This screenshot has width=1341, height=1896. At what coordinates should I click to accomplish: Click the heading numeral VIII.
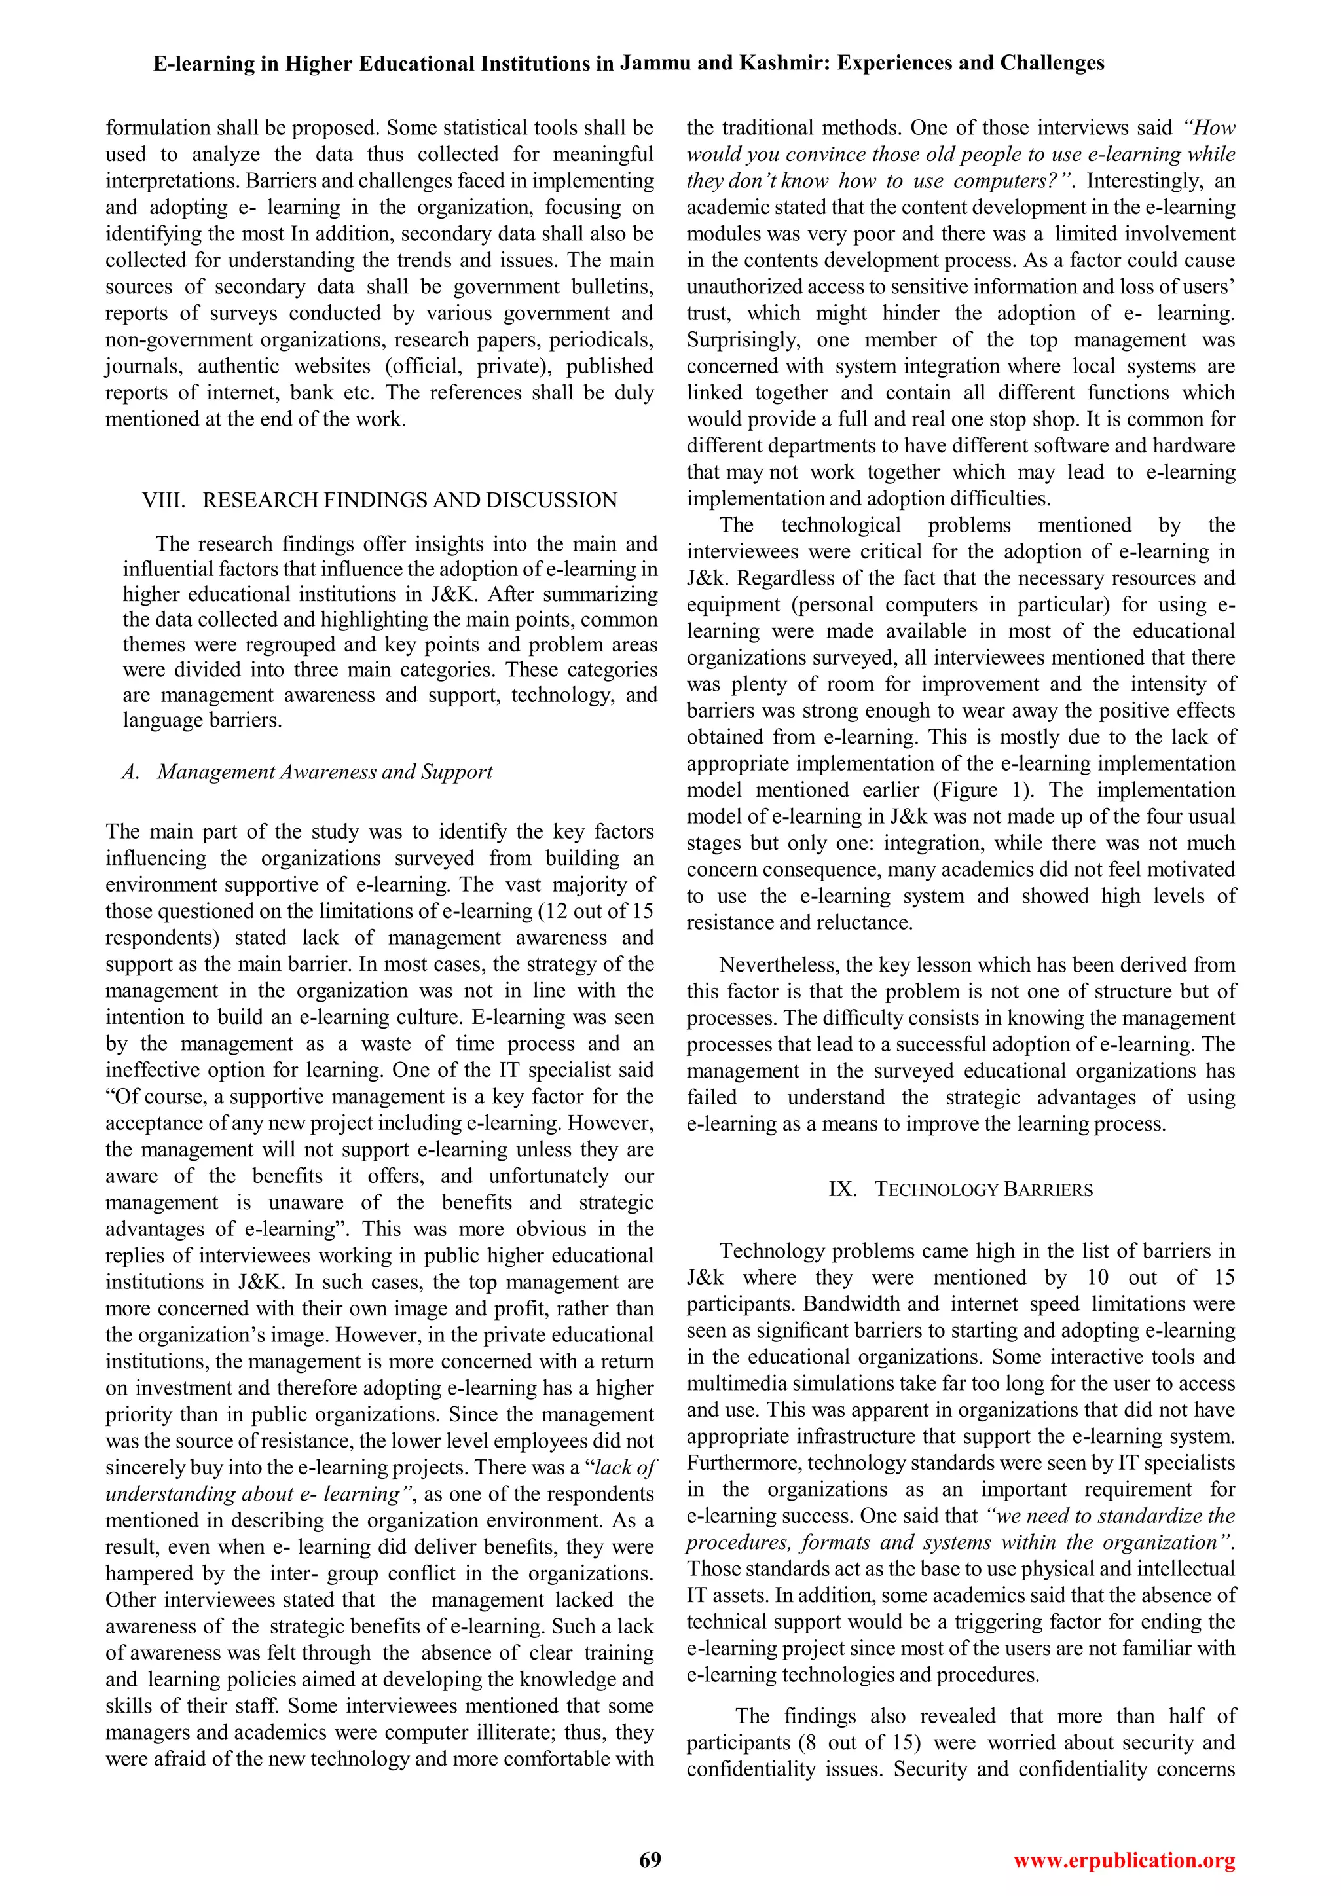click(161, 500)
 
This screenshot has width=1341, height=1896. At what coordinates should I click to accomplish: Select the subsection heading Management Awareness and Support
click(325, 771)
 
